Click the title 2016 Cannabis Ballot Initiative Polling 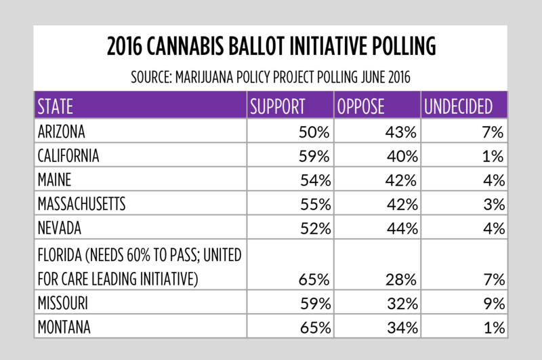point(271,47)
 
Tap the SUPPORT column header point(278,106)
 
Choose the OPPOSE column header point(361,106)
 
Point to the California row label point(68,156)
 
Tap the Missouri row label point(64,303)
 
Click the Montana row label point(64,328)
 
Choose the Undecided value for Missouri point(492,303)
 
